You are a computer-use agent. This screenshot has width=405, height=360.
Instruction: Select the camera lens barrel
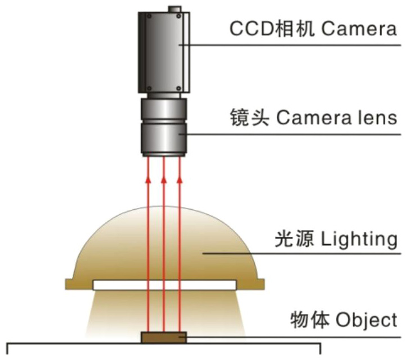pyautogui.click(x=164, y=127)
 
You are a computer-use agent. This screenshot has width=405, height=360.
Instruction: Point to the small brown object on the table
pyautogui.click(x=164, y=337)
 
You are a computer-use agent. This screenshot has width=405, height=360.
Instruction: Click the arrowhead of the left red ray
pyautogui.click(x=148, y=179)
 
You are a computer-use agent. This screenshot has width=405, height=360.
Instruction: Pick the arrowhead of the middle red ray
pyautogui.click(x=164, y=179)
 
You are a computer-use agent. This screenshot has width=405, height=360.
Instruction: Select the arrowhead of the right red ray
pyautogui.click(x=179, y=179)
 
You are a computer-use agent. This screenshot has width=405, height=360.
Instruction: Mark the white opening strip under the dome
pyautogui.click(x=164, y=285)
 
